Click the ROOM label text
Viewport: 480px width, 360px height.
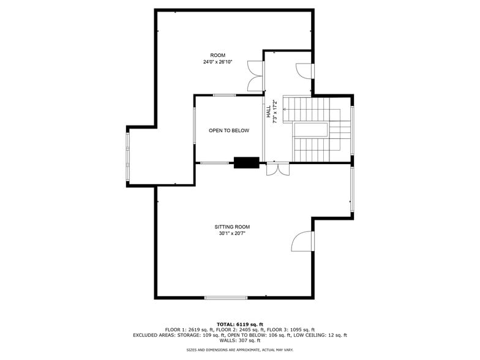pos(217,55)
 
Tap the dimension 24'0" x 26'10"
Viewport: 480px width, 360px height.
pos(217,62)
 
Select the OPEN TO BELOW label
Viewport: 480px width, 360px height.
pos(229,130)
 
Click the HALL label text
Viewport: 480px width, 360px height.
pos(268,111)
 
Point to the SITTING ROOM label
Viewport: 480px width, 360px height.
pos(232,227)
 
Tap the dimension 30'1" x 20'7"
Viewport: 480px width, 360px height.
pos(232,233)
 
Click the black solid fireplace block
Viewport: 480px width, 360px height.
pos(247,162)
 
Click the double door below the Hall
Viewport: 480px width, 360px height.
pos(277,169)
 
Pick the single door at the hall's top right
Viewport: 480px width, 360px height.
pos(304,70)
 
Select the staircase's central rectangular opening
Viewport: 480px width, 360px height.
pos(310,130)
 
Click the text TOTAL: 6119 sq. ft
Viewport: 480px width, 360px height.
pos(240,324)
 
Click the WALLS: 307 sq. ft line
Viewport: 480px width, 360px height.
pos(240,340)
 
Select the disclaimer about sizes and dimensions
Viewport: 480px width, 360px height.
pos(240,350)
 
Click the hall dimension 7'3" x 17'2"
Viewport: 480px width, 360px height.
pos(275,111)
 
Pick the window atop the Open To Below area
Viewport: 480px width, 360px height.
pos(224,95)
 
